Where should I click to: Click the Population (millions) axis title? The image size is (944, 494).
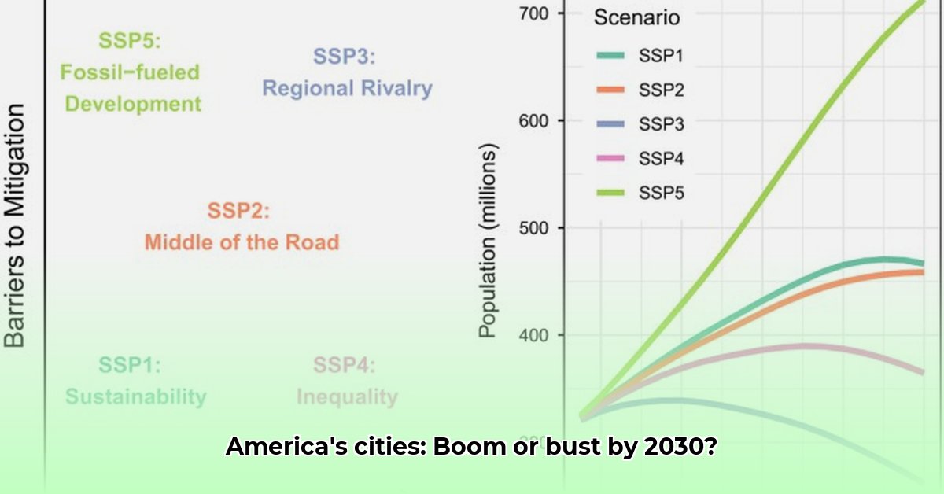point(489,240)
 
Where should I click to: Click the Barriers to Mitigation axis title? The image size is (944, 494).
point(16,227)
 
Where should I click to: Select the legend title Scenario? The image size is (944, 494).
point(636,17)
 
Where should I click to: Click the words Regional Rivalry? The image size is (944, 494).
point(347,87)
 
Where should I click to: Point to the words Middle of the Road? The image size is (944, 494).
point(242,241)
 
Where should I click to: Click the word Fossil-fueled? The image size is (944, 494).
point(131,72)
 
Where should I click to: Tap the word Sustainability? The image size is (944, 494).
point(135,396)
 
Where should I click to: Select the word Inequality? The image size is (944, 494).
point(347,396)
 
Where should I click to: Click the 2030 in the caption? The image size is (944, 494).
point(675,448)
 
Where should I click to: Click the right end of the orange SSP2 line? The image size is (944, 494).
point(922,272)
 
